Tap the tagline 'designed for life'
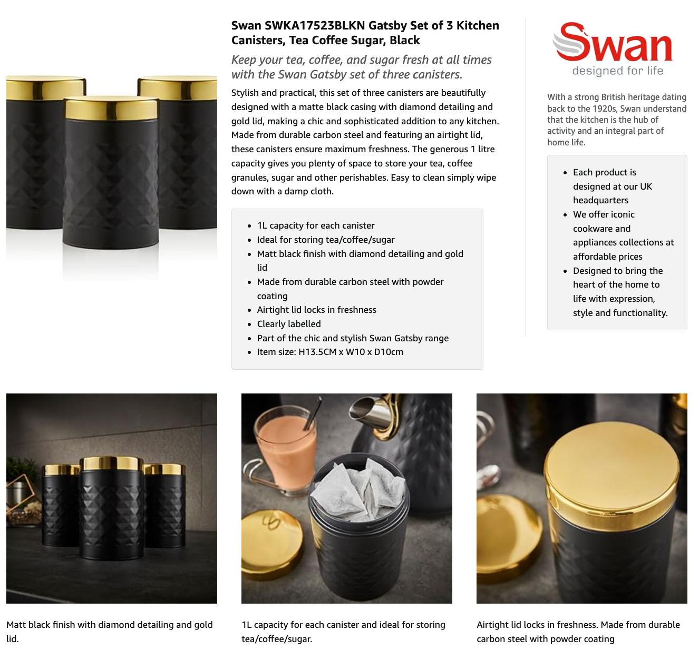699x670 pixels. [x=617, y=71]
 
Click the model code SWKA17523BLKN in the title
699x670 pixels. [x=315, y=25]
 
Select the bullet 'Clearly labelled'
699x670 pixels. [x=289, y=324]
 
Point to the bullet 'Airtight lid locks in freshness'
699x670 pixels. [x=316, y=310]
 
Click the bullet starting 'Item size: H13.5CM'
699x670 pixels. [x=330, y=352]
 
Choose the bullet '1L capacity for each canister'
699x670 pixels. [x=316, y=225]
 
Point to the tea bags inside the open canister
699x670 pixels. [x=358, y=485]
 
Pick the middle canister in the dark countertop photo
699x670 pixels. [x=111, y=507]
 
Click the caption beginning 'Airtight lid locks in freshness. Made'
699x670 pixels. [x=578, y=632]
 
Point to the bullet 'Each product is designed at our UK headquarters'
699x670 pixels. [x=613, y=186]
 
